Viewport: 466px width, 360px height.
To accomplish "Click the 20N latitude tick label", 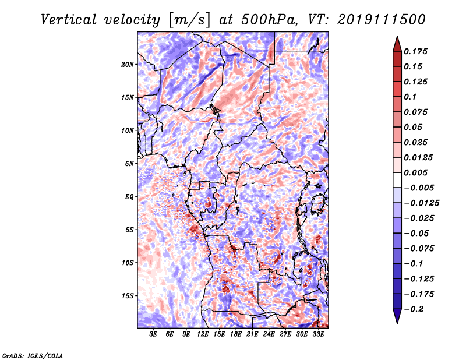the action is point(128,65).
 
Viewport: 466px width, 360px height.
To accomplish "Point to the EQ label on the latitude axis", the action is point(129,197).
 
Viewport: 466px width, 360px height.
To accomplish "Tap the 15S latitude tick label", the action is point(128,296).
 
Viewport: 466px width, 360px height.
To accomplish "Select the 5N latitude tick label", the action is point(129,164).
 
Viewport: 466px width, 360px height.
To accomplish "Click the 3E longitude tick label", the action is point(153,334).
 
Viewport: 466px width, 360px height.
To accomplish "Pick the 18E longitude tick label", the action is point(236,334).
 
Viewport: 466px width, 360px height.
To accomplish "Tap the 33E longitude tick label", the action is point(318,334).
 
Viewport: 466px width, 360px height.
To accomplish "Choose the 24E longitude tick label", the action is point(269,334).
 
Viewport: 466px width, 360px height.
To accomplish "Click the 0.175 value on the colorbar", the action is point(415,51).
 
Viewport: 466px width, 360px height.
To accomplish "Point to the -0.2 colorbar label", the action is point(414,309).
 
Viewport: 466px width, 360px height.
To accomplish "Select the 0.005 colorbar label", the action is point(415,172).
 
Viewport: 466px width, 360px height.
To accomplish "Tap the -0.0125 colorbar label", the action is point(421,203).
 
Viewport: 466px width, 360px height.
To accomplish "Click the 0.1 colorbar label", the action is point(410,97).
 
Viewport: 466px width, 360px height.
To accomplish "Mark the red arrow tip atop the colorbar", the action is point(397,37).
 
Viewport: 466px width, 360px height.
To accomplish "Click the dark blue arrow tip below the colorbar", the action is point(397,323).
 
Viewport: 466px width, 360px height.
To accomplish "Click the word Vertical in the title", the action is point(69,20).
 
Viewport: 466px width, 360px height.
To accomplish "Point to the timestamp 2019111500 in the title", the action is point(382,20).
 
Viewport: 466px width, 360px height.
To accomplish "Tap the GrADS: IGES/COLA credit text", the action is point(33,356).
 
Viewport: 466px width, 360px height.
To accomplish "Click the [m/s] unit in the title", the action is point(189,20).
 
